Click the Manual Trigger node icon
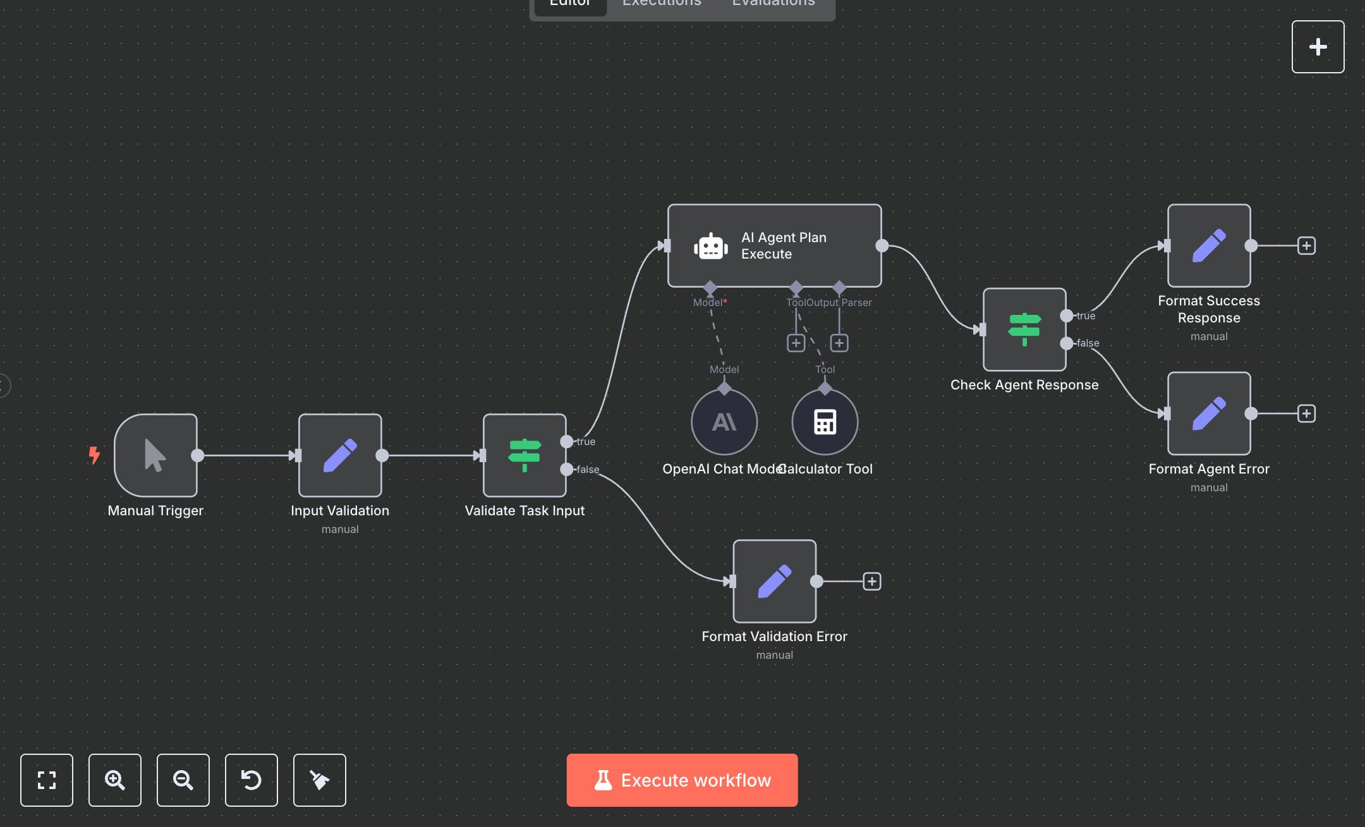(155, 455)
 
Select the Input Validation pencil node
(340, 455)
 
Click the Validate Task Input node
(525, 455)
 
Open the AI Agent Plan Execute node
(774, 245)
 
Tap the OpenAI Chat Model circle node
(724, 422)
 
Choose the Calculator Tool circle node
(825, 422)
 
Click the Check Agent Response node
(1024, 329)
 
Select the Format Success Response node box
(1209, 245)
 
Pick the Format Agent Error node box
(1209, 413)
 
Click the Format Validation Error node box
(774, 581)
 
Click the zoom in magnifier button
(114, 780)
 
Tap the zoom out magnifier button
(183, 780)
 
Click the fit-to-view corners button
(47, 780)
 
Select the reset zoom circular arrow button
(252, 780)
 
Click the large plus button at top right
(1318, 47)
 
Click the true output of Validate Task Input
(567, 441)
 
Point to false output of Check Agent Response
(1067, 343)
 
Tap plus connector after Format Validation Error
(872, 581)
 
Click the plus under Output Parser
(839, 343)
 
